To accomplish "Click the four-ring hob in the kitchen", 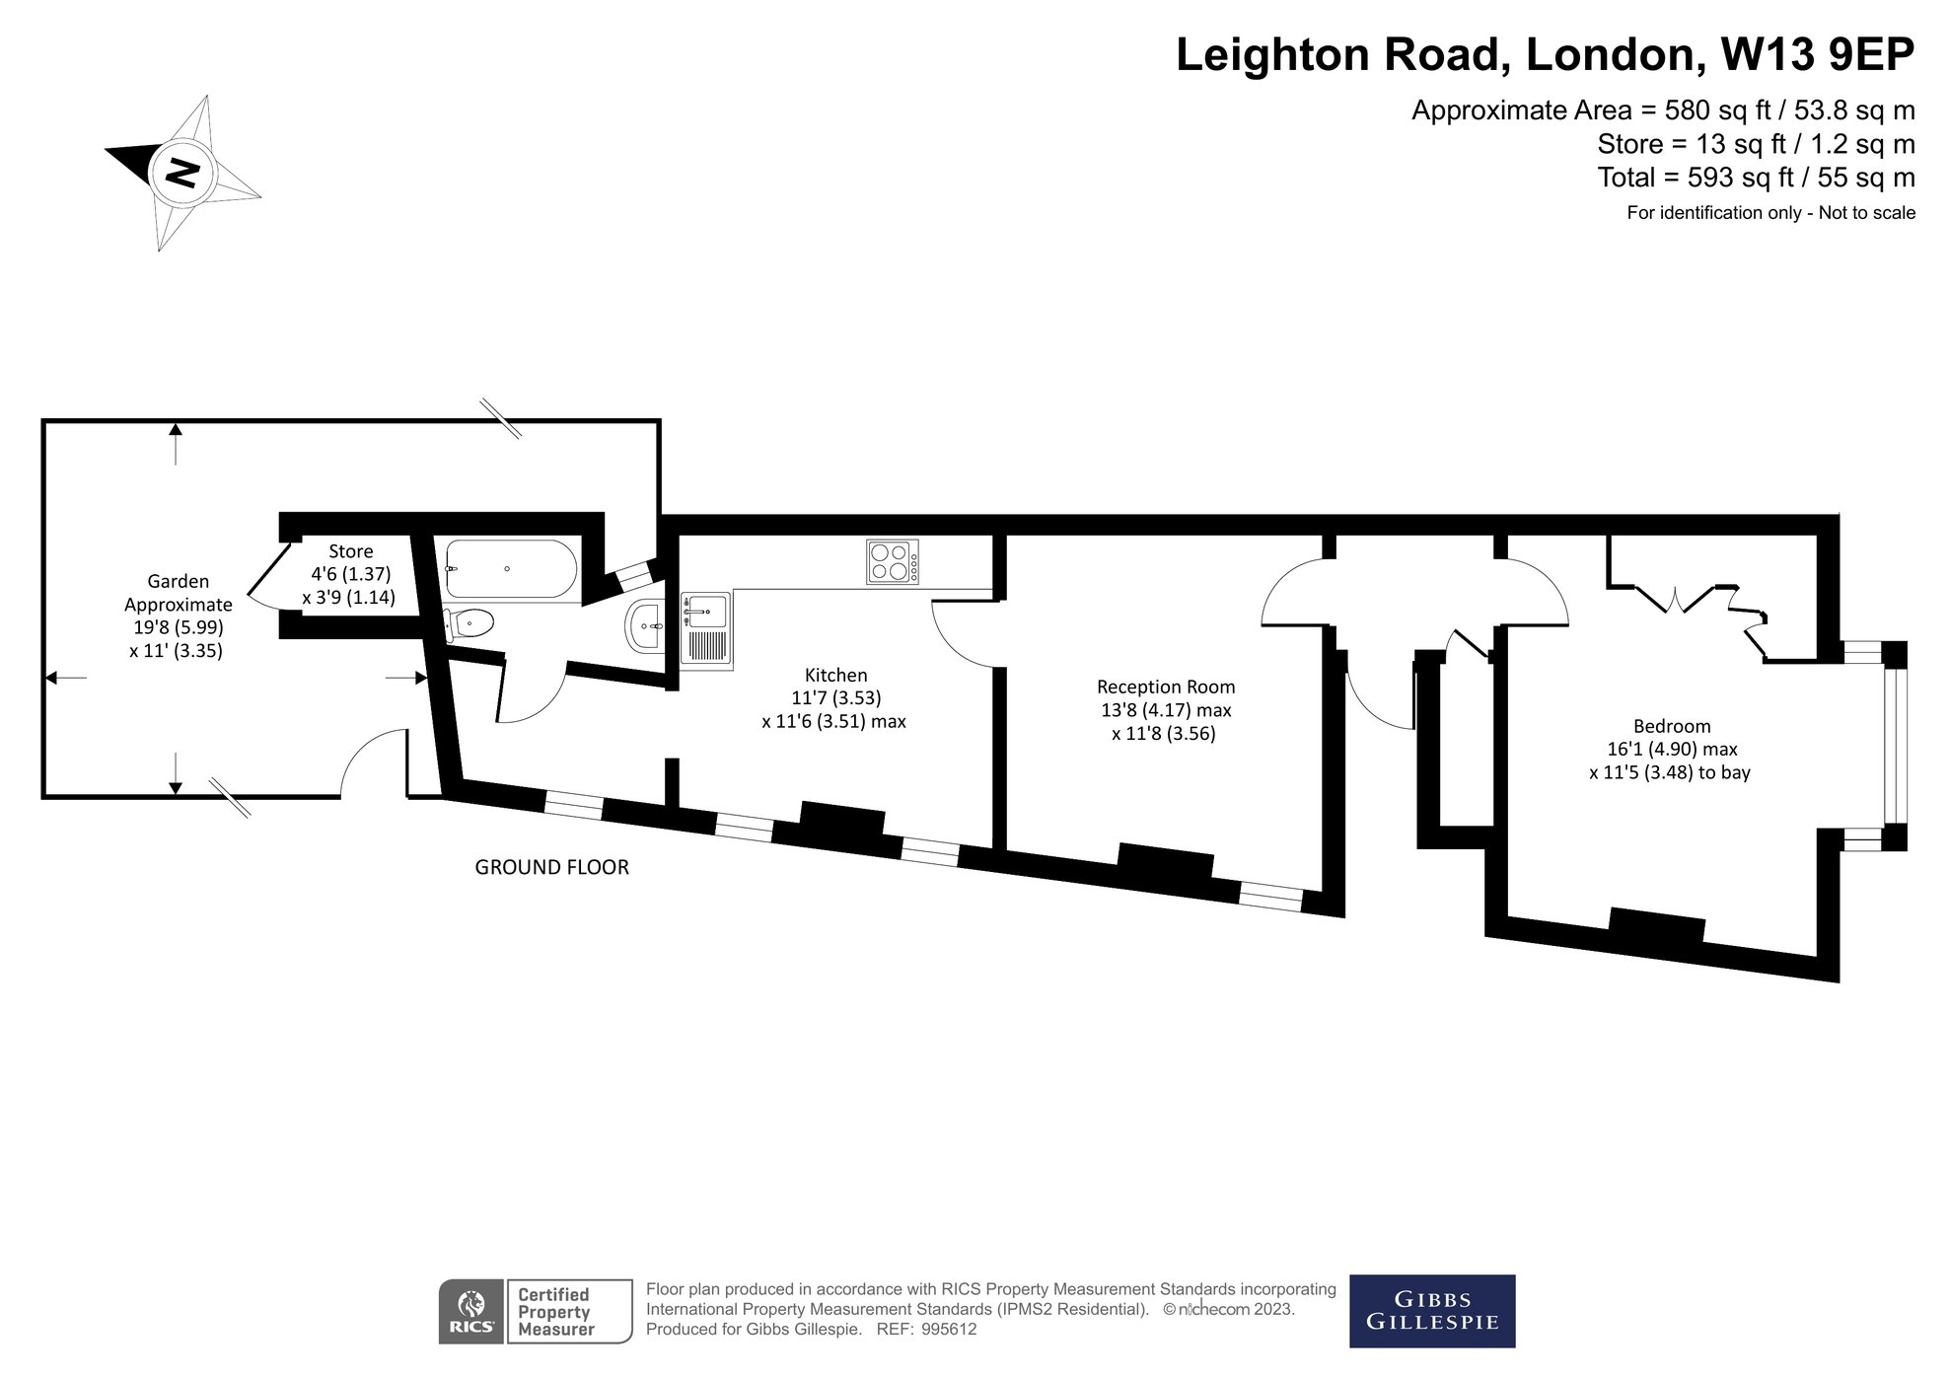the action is (892, 561).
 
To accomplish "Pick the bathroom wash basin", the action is (644, 624).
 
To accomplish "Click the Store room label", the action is (350, 551).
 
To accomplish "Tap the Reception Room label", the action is (1166, 687).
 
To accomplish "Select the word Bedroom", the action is (1672, 726).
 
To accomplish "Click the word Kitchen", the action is (836, 675).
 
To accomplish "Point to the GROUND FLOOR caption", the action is (552, 867).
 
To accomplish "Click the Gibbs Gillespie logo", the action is (1432, 1311).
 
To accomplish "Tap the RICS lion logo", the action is (472, 1311).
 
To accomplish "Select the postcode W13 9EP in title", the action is (1817, 54).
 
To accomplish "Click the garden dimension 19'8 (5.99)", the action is (179, 627).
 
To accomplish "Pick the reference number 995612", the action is (949, 1329).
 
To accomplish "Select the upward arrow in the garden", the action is (176, 443).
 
